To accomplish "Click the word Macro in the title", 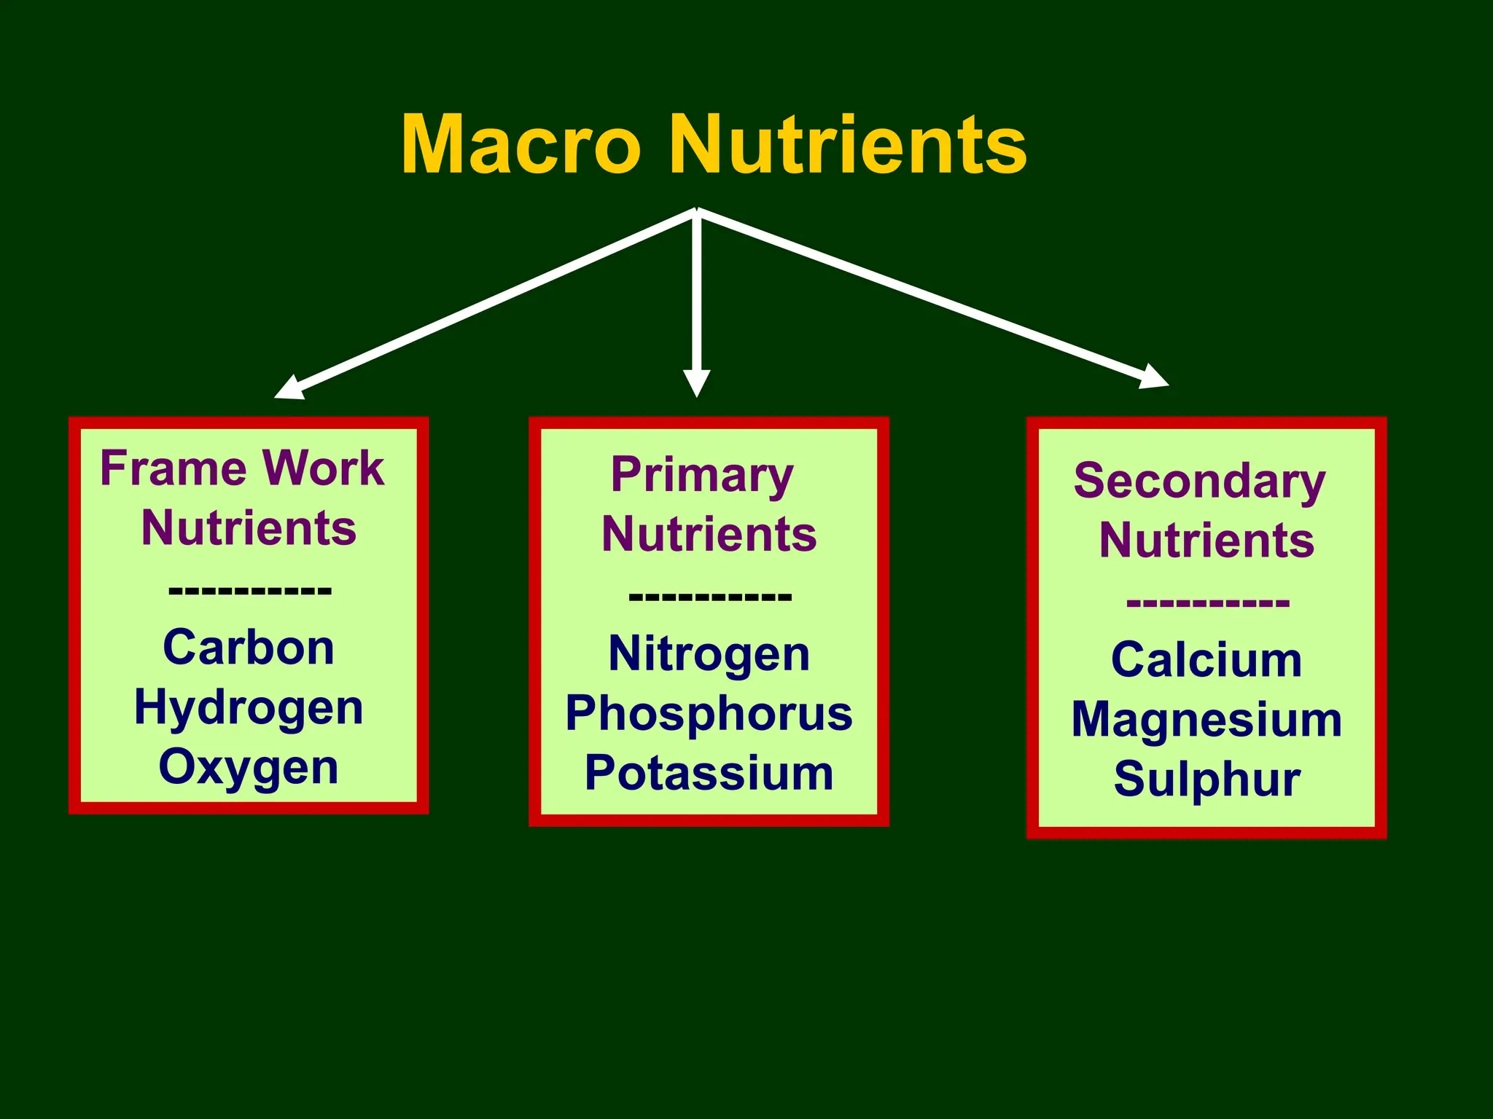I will click(x=521, y=146).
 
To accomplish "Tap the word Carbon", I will click(x=249, y=648).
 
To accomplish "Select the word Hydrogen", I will click(x=249, y=708).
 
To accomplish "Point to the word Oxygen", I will click(x=249, y=767).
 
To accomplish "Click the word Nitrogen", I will click(x=709, y=653).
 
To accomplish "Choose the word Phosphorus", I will click(x=709, y=713).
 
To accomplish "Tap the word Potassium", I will click(x=709, y=773).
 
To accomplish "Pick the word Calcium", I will click(x=1207, y=660).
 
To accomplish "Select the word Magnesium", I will click(x=1207, y=720).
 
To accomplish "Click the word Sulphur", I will click(x=1207, y=780).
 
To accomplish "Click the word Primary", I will click(x=702, y=476).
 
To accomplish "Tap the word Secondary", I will click(x=1199, y=482).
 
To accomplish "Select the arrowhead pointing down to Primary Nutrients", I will click(x=696, y=382).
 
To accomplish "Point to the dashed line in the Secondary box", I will click(x=1207, y=603).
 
